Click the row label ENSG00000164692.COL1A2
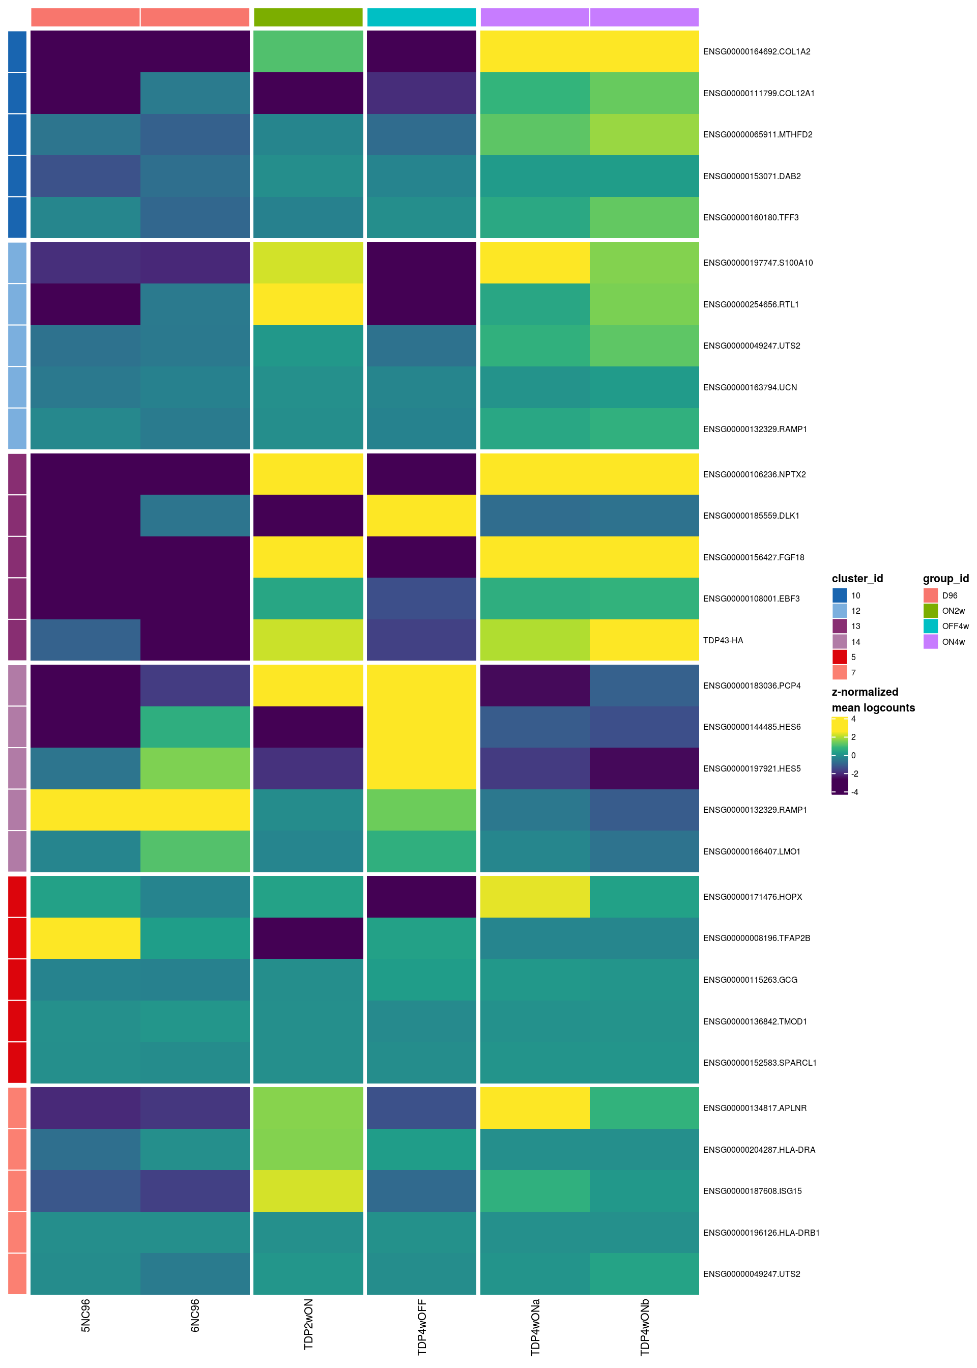(x=756, y=52)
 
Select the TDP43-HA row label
(x=723, y=640)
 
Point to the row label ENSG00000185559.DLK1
(x=751, y=516)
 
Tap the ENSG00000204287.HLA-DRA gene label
(x=759, y=1150)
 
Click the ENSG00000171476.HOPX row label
(x=752, y=896)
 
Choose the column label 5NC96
(x=85, y=1315)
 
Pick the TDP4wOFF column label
(x=422, y=1326)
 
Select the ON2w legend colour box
(x=930, y=611)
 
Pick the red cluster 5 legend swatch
(x=839, y=657)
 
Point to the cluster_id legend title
(x=857, y=578)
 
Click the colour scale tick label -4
(x=854, y=792)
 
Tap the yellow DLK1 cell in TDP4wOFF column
(x=422, y=516)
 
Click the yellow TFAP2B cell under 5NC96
(x=85, y=938)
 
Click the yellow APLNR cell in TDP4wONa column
(x=535, y=1107)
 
